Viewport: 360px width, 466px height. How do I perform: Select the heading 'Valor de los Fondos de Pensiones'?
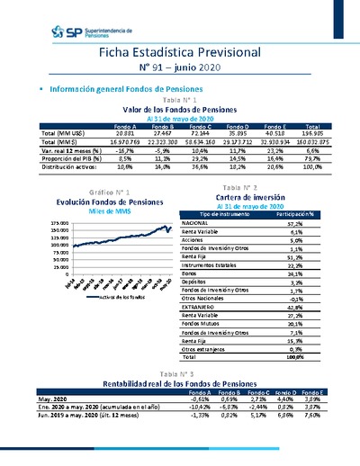(x=179, y=109)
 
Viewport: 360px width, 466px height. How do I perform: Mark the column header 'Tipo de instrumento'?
(x=222, y=214)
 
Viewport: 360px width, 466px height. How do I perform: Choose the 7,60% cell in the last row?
(x=311, y=417)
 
